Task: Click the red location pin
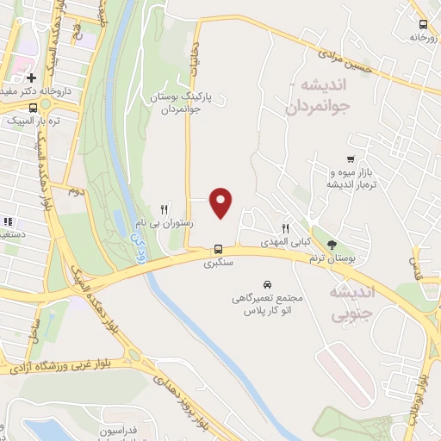click(x=221, y=202)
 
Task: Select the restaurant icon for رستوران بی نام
click(x=165, y=209)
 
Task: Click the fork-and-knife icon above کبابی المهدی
click(x=286, y=227)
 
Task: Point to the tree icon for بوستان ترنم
click(x=333, y=246)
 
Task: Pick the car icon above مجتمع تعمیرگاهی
click(x=267, y=284)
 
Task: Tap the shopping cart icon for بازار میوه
click(x=350, y=159)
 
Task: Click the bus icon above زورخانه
click(x=422, y=25)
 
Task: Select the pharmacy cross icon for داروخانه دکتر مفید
click(x=31, y=78)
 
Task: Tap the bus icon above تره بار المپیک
click(x=33, y=108)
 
